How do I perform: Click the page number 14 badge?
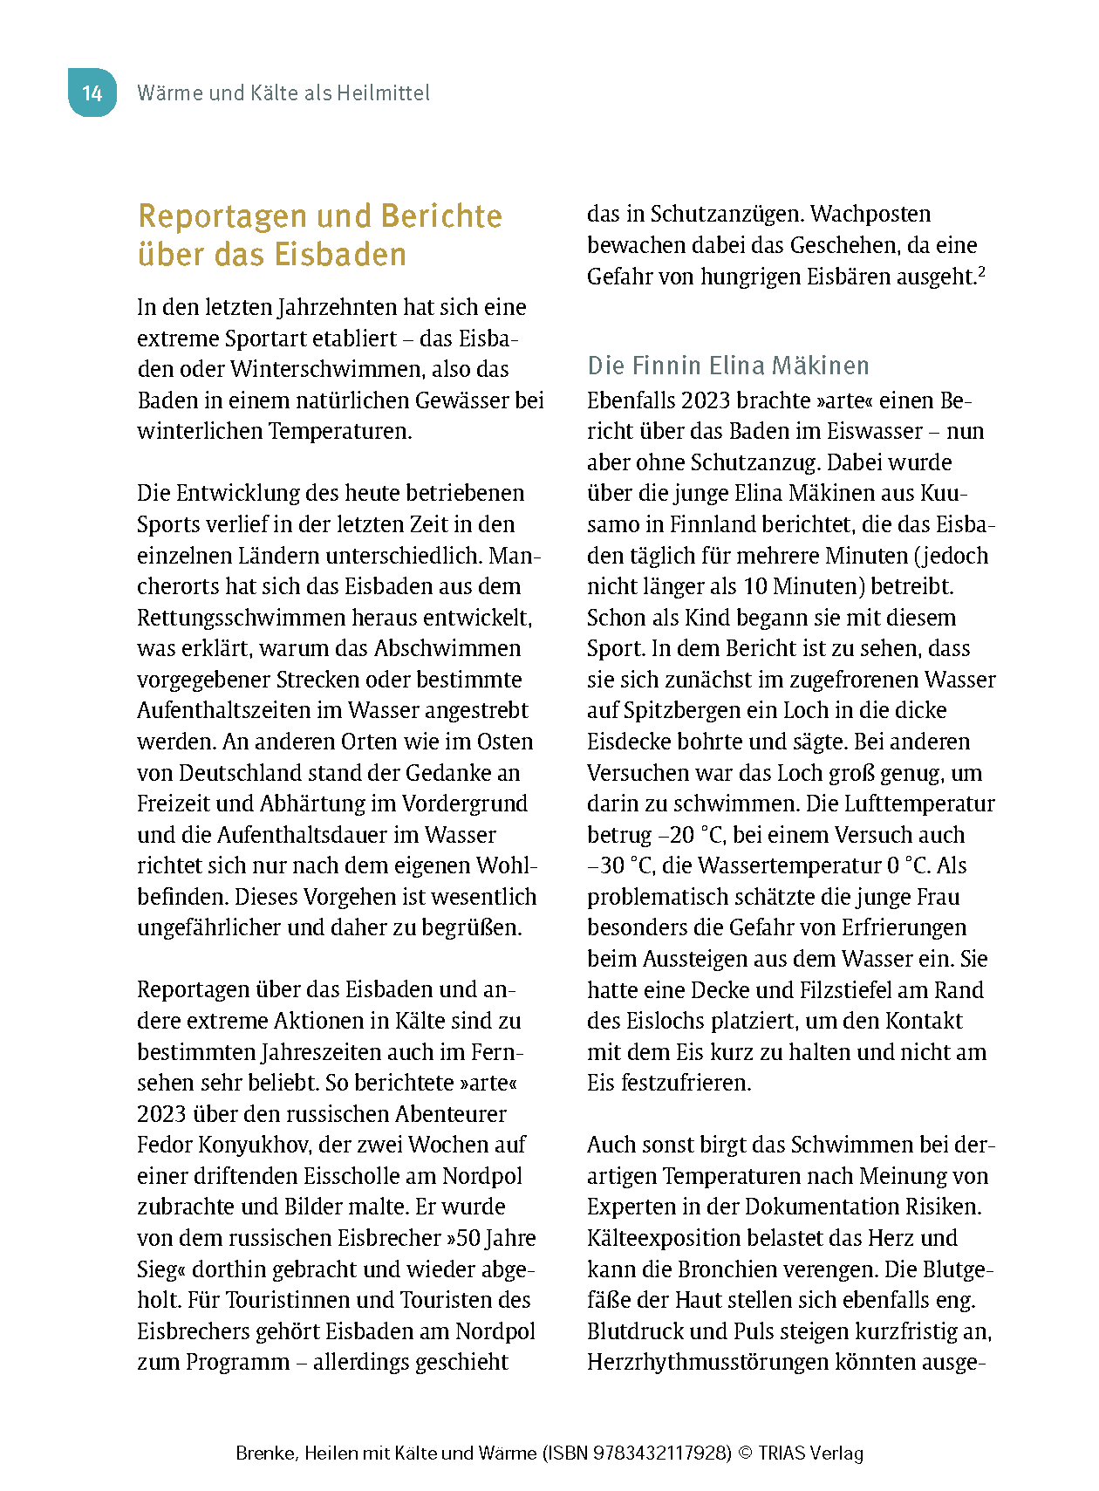tap(92, 92)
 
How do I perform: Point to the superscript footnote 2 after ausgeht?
tap(981, 272)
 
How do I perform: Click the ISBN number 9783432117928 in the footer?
tap(662, 1453)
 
